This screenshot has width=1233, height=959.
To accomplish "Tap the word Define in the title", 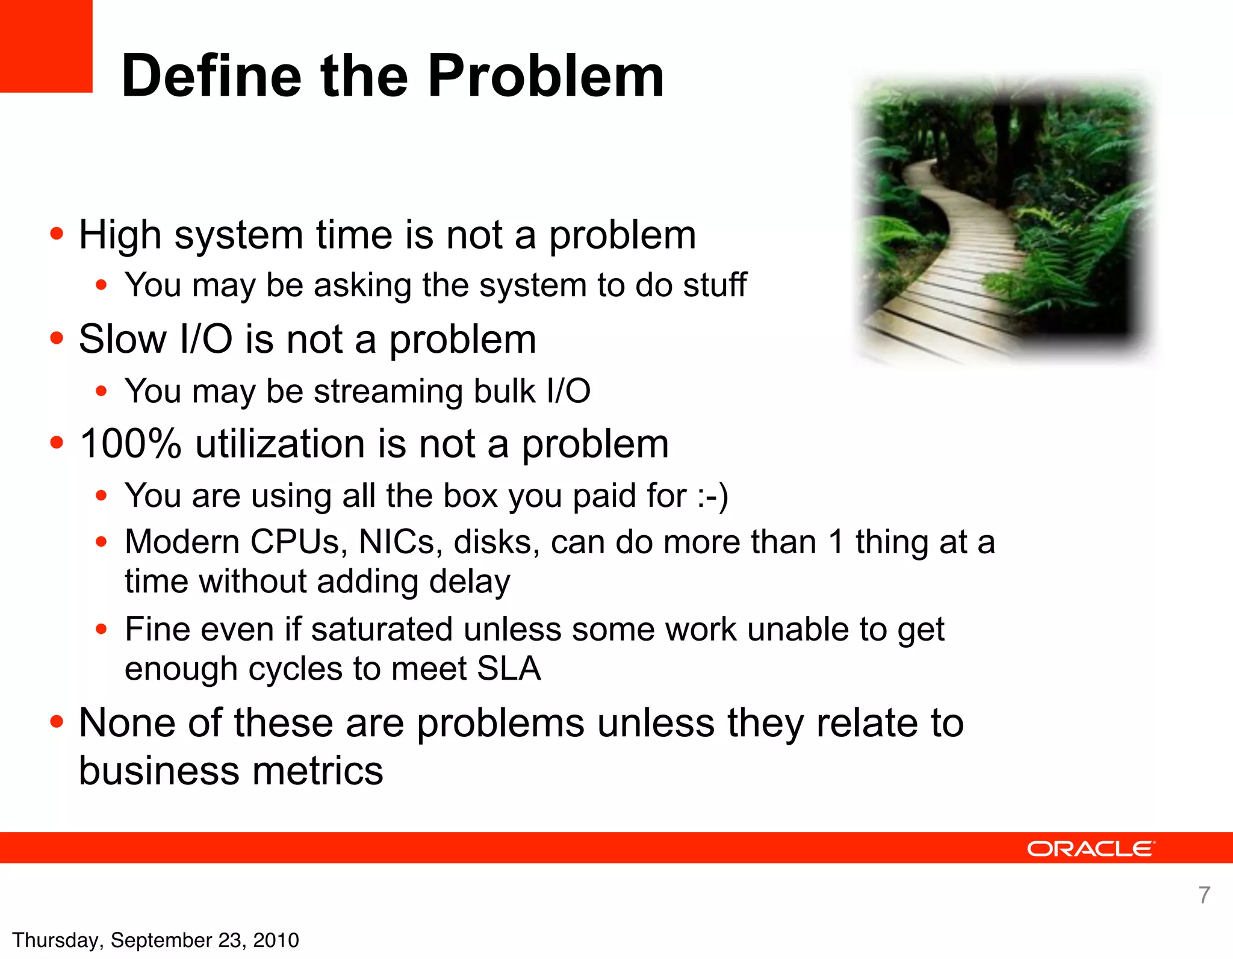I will coord(211,76).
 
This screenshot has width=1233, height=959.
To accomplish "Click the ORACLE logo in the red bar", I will coord(1090,849).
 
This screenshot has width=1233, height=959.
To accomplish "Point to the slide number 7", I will coord(1204,895).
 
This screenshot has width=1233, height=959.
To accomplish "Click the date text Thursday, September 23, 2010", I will coord(155,940).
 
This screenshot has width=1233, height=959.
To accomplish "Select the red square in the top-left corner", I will coord(46,46).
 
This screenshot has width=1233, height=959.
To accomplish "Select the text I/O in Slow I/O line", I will coord(206,339).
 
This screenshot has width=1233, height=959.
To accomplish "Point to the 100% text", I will coord(130,444).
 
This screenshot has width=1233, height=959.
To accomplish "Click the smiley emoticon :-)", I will coord(713,496).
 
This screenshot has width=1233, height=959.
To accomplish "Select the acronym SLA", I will coord(509,669).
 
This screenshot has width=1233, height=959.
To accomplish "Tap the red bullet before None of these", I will coord(57,721).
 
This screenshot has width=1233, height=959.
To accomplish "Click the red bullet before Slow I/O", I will coord(57,338).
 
